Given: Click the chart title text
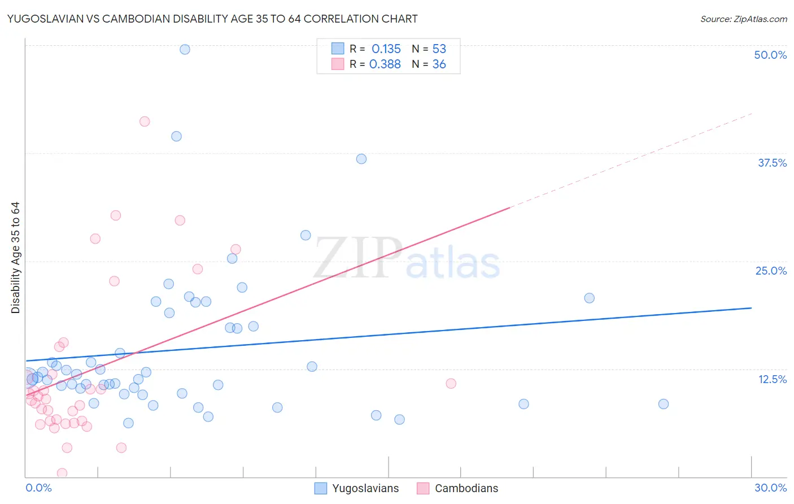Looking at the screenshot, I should click(x=212, y=19).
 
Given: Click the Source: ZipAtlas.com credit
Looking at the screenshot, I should click(x=743, y=19).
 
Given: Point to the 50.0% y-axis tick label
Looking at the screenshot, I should click(x=770, y=55).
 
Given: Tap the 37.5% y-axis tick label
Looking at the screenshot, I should click(x=772, y=163).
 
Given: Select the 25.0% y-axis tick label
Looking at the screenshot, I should click(x=771, y=271).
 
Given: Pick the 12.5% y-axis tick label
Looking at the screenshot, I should click(x=772, y=379).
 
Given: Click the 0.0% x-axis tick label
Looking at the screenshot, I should click(x=38, y=488).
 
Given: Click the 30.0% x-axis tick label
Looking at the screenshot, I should click(x=770, y=488).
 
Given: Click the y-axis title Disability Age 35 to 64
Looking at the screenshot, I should click(x=15, y=258).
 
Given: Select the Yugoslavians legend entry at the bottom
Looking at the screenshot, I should click(x=357, y=488).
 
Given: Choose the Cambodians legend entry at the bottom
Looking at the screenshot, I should click(x=457, y=488).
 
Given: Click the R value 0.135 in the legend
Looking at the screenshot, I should click(x=386, y=49).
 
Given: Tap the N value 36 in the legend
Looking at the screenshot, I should click(x=439, y=64).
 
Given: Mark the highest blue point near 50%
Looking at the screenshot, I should click(x=185, y=49).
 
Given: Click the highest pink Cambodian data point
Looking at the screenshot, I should click(x=145, y=121).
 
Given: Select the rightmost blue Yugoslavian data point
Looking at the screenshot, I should click(x=664, y=404).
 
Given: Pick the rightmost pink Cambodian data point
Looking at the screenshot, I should click(x=451, y=384).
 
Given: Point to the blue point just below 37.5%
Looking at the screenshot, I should click(x=361, y=159).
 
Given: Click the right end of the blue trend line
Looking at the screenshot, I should click(x=751, y=308).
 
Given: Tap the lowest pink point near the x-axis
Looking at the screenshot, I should click(x=62, y=473).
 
